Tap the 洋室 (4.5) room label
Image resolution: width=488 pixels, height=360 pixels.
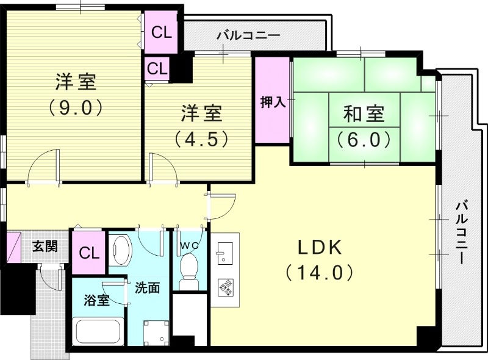coord(201,125)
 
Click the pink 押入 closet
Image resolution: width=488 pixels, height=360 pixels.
coord(273,101)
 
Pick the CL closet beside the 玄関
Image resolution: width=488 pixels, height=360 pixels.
coord(89,252)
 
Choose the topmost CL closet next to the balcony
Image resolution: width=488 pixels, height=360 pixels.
coord(161,33)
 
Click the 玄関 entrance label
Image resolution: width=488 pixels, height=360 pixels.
coord(45,247)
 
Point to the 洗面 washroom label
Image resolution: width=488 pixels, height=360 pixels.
coord(147,287)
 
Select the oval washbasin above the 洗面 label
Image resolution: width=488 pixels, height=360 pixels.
coord(123,250)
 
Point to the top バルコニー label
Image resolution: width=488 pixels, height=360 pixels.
coord(248,36)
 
